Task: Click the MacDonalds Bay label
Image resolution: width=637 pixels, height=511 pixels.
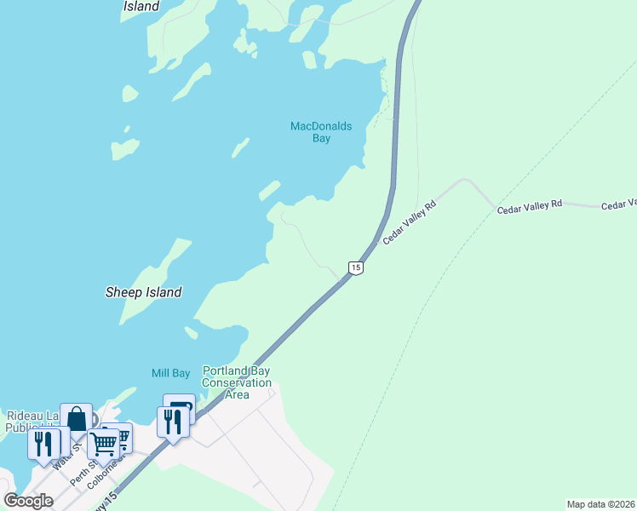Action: pos(321,132)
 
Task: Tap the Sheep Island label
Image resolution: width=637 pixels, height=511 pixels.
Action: pos(143,292)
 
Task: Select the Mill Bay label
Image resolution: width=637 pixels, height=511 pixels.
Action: pos(170,373)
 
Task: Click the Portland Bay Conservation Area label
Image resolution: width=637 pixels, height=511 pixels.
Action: pos(237,382)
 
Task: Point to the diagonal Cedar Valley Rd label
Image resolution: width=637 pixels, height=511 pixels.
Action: pos(410,222)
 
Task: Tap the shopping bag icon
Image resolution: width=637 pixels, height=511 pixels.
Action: pos(76,419)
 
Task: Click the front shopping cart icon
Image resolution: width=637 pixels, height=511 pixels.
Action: pos(103,442)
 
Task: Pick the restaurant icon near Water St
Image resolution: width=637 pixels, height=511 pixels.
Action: pos(43,443)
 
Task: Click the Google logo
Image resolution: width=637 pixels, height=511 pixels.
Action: pos(29,500)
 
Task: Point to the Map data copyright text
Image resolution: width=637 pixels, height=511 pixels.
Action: pos(601,504)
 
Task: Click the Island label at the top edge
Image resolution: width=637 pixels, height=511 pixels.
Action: pos(141,6)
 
